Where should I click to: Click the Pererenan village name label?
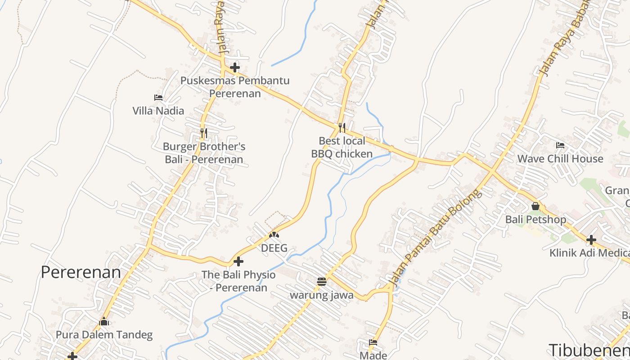81,272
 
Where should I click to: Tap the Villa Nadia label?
158,111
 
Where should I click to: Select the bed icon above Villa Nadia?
158,97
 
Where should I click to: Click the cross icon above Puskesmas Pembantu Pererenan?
235,68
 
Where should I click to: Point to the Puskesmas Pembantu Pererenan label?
235,87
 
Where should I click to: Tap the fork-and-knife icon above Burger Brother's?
204,133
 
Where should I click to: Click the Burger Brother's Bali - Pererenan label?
204,153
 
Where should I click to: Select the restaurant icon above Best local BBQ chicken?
342,127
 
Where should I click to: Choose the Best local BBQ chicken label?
342,148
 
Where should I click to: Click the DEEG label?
274,248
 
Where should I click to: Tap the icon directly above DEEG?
274,234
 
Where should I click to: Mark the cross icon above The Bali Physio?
238,261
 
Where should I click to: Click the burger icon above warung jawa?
321,282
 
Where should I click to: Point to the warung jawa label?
321,295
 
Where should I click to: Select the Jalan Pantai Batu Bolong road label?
434,238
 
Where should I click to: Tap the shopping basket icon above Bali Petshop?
535,206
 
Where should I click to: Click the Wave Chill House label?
560,159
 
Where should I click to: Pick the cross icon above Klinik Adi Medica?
591,240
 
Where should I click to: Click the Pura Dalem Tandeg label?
104,335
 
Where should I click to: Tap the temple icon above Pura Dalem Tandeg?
104,322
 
